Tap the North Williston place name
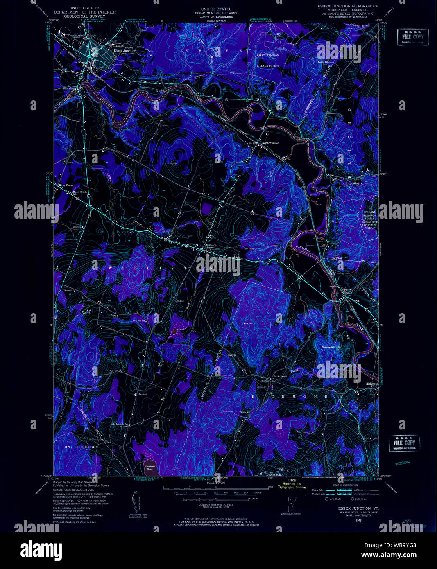270,143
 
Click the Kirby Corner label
66,185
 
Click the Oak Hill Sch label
139,321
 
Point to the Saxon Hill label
324,62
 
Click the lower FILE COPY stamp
404,443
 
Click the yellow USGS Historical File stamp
292,484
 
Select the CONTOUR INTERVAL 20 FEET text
216,505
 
